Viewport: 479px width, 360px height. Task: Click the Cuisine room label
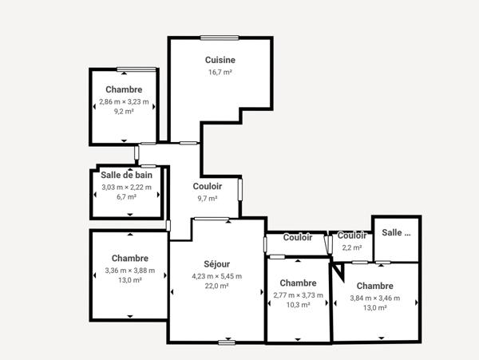coord(220,60)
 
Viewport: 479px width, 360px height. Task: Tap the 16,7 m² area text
coord(220,72)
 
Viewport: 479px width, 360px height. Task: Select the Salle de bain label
coord(126,175)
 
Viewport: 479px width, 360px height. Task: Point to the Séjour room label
coord(216,264)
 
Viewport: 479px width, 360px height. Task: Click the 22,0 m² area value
coord(216,286)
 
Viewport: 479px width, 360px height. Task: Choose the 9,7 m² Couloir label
coord(208,186)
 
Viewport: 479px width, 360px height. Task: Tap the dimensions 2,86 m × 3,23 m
coord(124,101)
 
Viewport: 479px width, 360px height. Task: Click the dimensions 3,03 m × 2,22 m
coord(126,187)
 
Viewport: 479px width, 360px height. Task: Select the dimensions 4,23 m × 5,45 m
coord(216,275)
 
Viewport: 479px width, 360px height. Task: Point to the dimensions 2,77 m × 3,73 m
coord(298,295)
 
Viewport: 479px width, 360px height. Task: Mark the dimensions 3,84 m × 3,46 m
coord(375,298)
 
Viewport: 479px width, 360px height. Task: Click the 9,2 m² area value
coord(124,112)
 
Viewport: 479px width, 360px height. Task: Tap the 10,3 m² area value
coord(298,305)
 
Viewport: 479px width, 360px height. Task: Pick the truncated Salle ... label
coord(396,232)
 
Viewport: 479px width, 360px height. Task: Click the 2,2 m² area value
coord(351,247)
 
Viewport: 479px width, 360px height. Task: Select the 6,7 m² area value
coord(126,196)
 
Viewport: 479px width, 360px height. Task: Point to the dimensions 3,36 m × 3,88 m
coord(129,270)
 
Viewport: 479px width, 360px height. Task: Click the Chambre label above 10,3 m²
coord(298,283)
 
